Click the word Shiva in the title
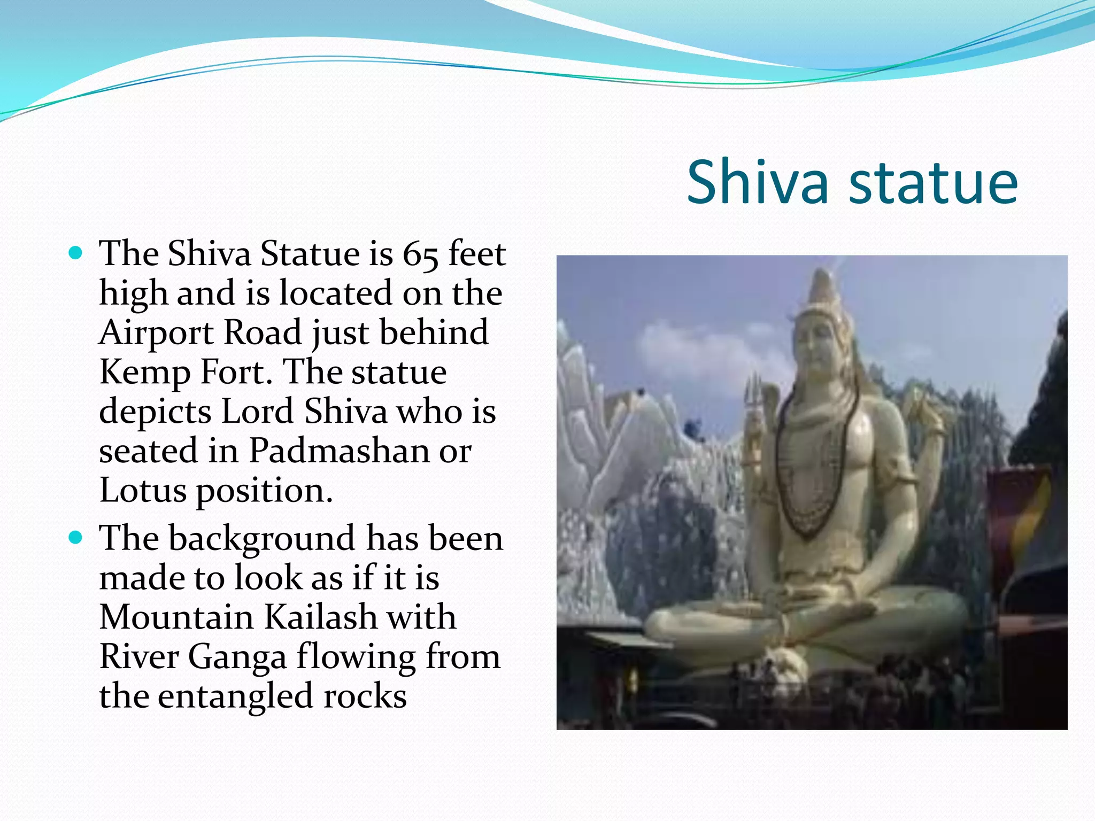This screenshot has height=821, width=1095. pyautogui.click(x=758, y=183)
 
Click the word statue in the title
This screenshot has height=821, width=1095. pyautogui.click(x=933, y=183)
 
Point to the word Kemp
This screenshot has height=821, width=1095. pyautogui.click(x=144, y=373)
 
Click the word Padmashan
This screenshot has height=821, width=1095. pyautogui.click(x=339, y=451)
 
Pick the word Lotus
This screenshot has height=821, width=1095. pyautogui.click(x=143, y=490)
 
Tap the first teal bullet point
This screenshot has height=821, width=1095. pyautogui.click(x=76, y=252)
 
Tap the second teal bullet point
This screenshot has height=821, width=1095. pyautogui.click(x=76, y=537)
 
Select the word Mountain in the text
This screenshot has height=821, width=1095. pyautogui.click(x=176, y=617)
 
